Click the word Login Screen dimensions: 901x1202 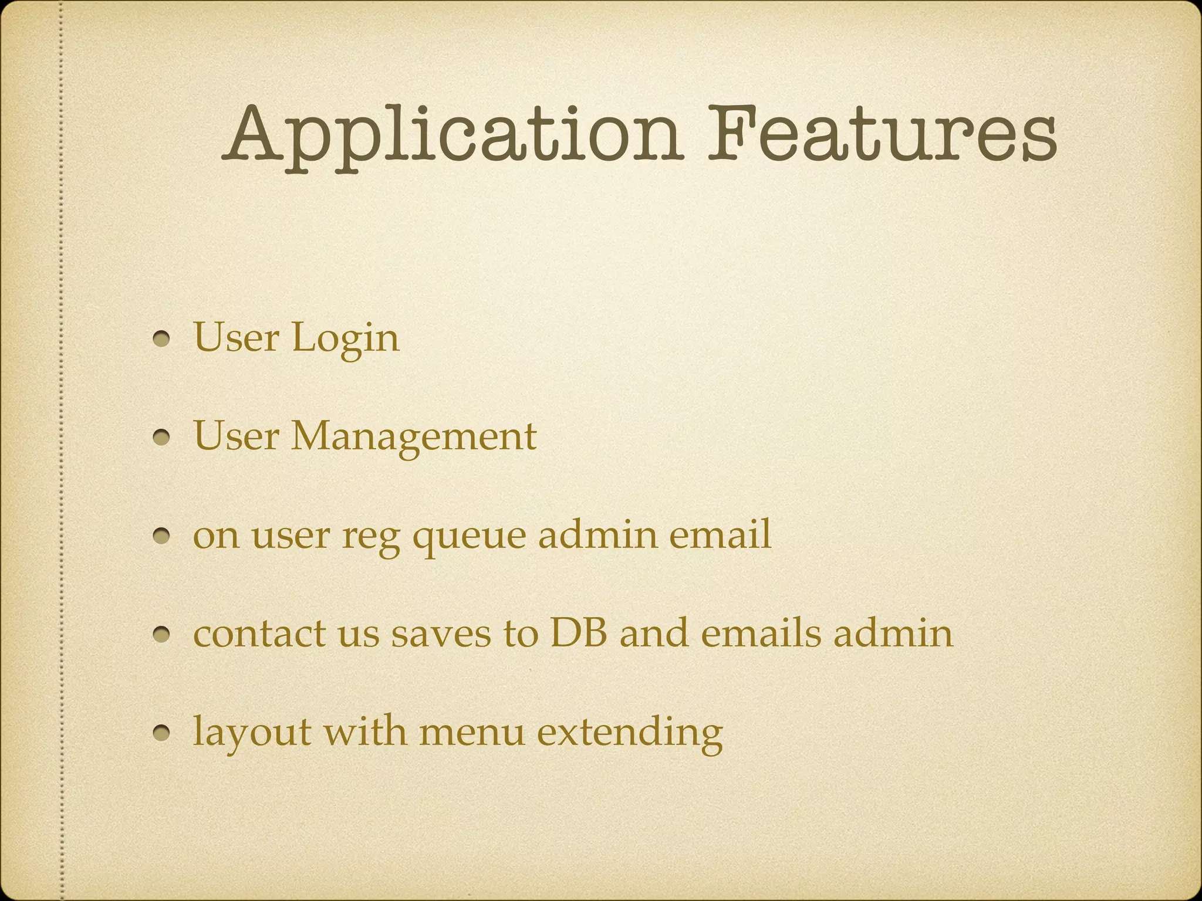coord(346,339)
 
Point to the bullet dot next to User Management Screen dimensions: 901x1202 coord(162,438)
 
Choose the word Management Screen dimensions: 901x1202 coord(414,438)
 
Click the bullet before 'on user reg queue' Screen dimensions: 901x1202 coord(162,536)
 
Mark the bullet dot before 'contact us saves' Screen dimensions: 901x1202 coord(162,634)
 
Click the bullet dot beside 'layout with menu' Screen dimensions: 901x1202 coord(162,733)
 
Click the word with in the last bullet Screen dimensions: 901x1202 coord(364,731)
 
